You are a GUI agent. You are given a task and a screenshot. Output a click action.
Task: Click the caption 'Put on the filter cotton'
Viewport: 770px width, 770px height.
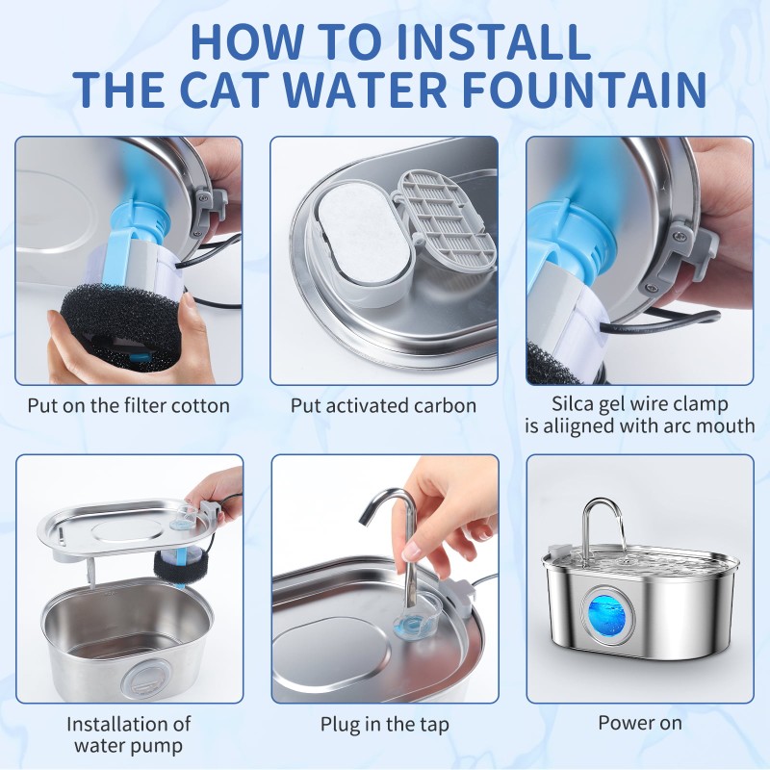128,405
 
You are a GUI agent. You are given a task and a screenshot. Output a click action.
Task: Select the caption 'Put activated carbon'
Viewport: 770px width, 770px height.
383,405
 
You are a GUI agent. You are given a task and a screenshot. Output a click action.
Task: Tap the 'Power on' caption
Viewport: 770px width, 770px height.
639,723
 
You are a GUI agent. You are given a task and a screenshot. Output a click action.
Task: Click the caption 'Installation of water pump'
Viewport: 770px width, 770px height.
128,734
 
